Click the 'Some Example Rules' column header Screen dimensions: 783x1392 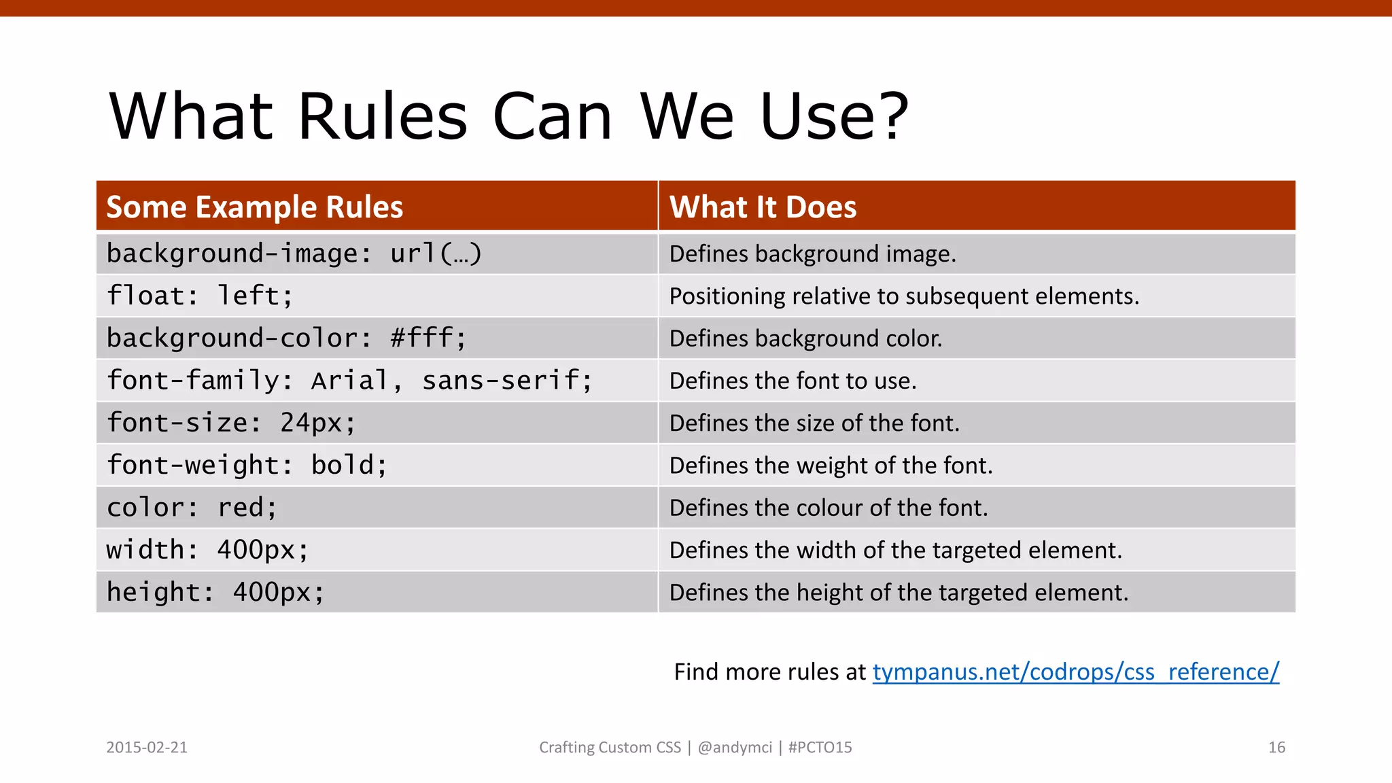[255, 207]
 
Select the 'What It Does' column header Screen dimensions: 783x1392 [763, 207]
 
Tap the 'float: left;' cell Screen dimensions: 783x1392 [200, 296]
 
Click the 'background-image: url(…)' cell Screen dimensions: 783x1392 [294, 254]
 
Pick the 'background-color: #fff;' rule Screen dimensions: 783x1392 [286, 338]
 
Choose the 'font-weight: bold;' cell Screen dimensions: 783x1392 [247, 466]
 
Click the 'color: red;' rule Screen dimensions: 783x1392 [192, 508]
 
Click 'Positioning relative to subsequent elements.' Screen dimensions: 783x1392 [903, 296]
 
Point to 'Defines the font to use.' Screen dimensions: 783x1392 [793, 381]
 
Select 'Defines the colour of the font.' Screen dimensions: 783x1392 [828, 508]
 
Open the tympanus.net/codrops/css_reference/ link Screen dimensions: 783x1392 [1075, 672]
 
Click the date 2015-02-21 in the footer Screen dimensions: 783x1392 [147, 748]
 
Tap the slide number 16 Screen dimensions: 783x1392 [1276, 748]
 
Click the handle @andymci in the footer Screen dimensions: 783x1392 [735, 748]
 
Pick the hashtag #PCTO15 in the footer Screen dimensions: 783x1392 [820, 748]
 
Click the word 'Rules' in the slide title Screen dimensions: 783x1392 [383, 117]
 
